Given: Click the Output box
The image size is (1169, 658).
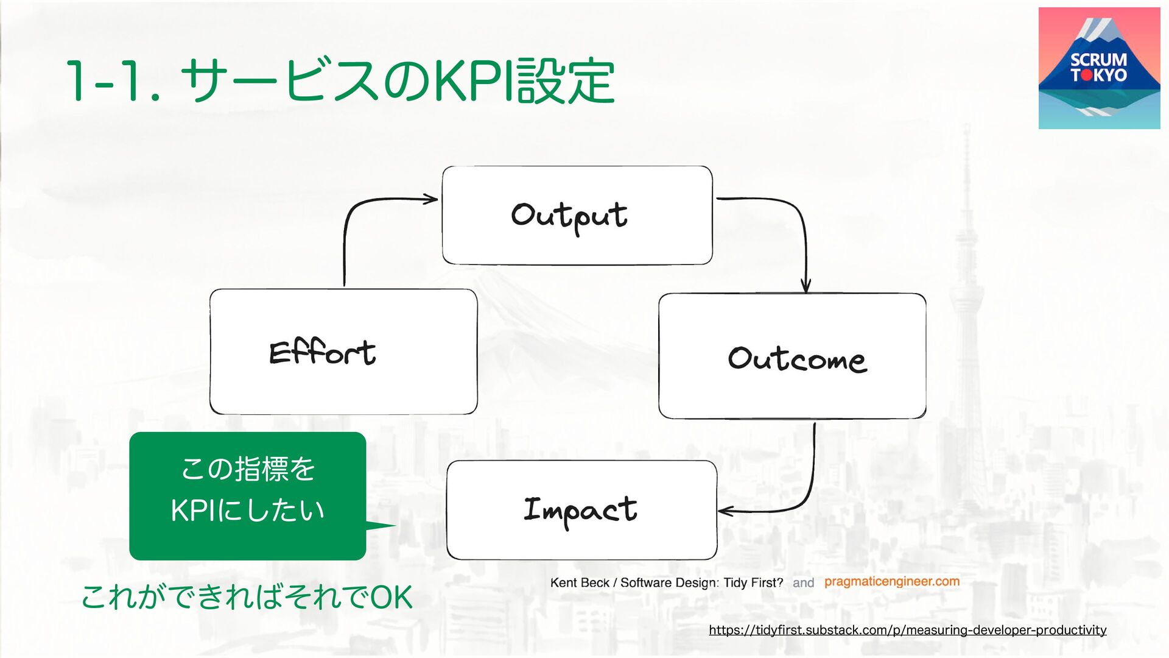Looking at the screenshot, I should pos(577,215).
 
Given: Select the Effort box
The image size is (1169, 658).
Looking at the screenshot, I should pos(343,352).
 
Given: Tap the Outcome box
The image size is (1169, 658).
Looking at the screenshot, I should pos(792,356).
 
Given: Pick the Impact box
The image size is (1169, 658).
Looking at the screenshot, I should pos(581,510).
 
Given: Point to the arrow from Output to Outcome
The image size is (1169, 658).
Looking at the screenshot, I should pos(798,219).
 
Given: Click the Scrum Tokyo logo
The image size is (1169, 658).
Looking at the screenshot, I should pos(1099,68).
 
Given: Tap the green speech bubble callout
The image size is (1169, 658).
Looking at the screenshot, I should pos(247,496).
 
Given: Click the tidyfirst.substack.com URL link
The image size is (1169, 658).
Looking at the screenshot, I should pos(907,630).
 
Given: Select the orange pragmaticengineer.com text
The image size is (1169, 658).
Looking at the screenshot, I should pos(892,582).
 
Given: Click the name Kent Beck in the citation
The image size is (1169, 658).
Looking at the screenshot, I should pos(579,583).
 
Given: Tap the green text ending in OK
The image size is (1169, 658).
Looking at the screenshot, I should pos(247,597).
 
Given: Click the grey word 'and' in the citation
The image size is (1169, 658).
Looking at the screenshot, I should pos(803,583).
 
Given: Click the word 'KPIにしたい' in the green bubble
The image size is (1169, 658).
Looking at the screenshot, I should pos(247,511).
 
